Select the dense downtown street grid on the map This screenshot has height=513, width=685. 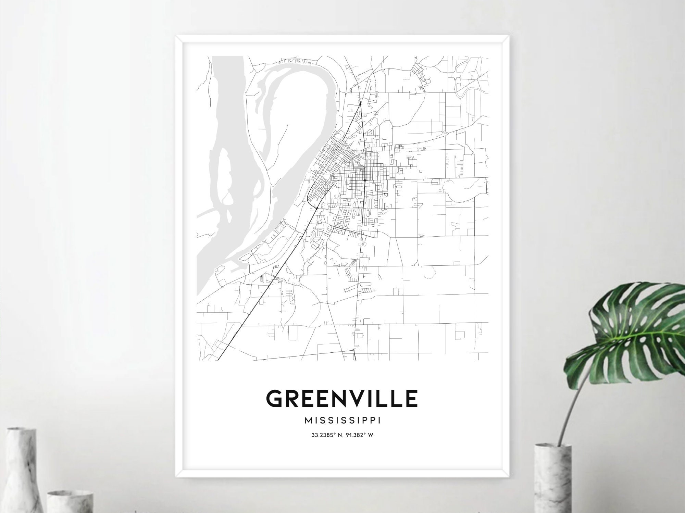point(339,168)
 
